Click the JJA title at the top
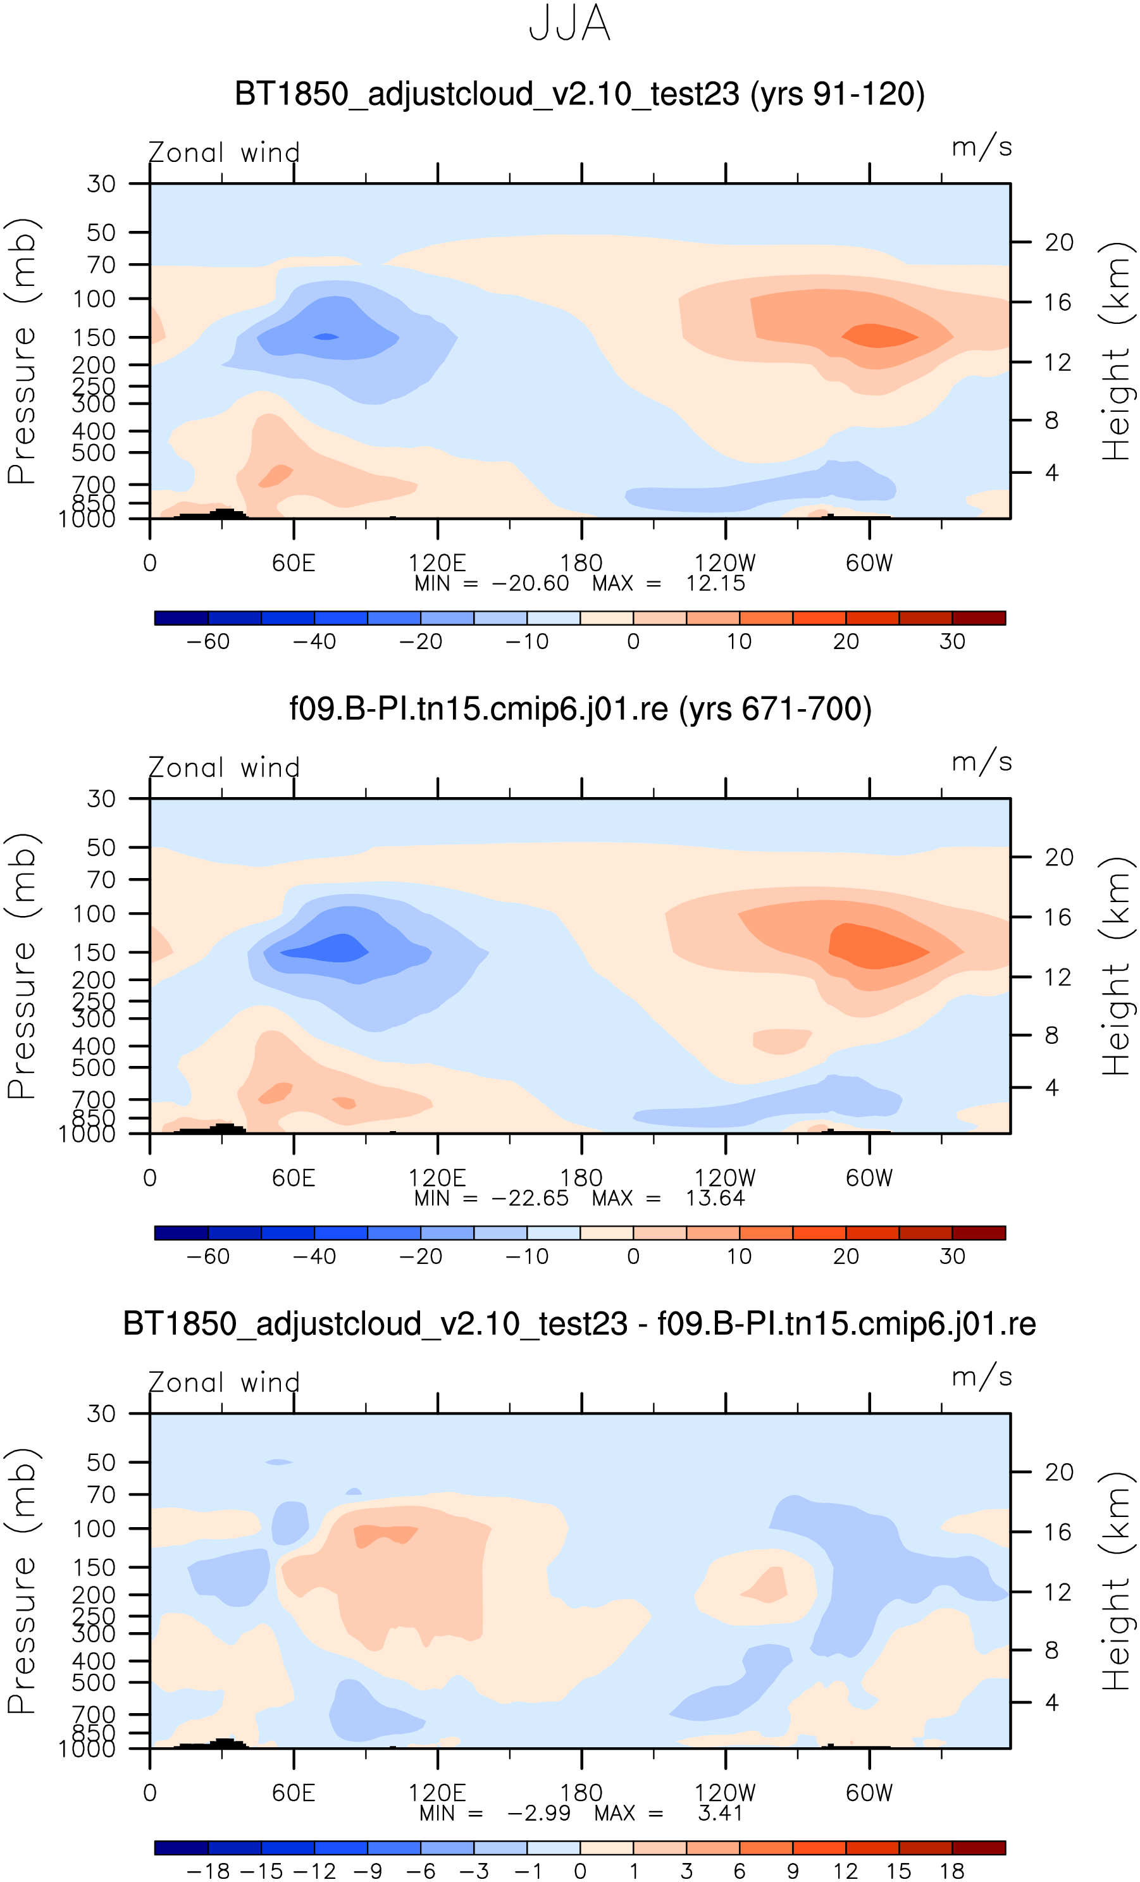[569, 23]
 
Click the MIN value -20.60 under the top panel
[530, 583]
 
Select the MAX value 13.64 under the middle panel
[714, 1198]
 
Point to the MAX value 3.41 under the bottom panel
[720, 1813]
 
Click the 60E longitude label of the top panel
[294, 564]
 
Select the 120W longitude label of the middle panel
[724, 1179]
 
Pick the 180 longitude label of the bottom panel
[581, 1793]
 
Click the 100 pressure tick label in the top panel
[94, 299]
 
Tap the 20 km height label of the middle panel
[1059, 858]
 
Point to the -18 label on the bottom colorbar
[208, 1871]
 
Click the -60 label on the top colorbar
[208, 641]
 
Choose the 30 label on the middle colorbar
[952, 1256]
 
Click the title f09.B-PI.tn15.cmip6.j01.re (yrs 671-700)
[580, 709]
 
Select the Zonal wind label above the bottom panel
[224, 1384]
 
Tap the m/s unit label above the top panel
[982, 147]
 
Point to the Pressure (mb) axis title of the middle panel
[22, 966]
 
